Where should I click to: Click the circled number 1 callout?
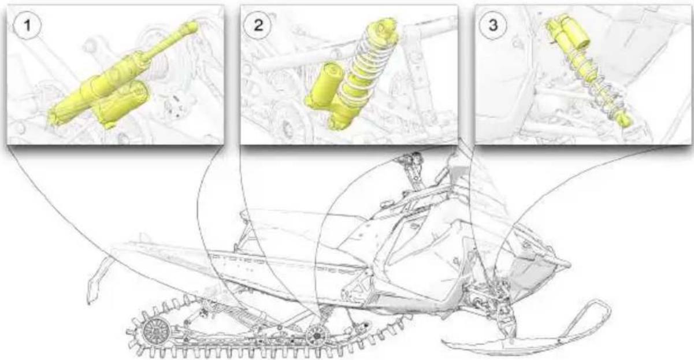click(x=27, y=25)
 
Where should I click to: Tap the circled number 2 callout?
click(x=258, y=25)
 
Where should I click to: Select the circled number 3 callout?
click(x=493, y=25)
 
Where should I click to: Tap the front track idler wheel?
click(x=317, y=336)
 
